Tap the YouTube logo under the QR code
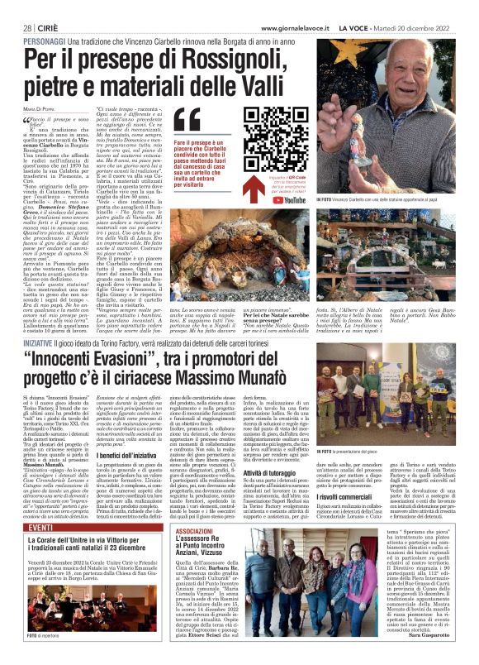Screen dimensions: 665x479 click(x=272, y=199)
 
